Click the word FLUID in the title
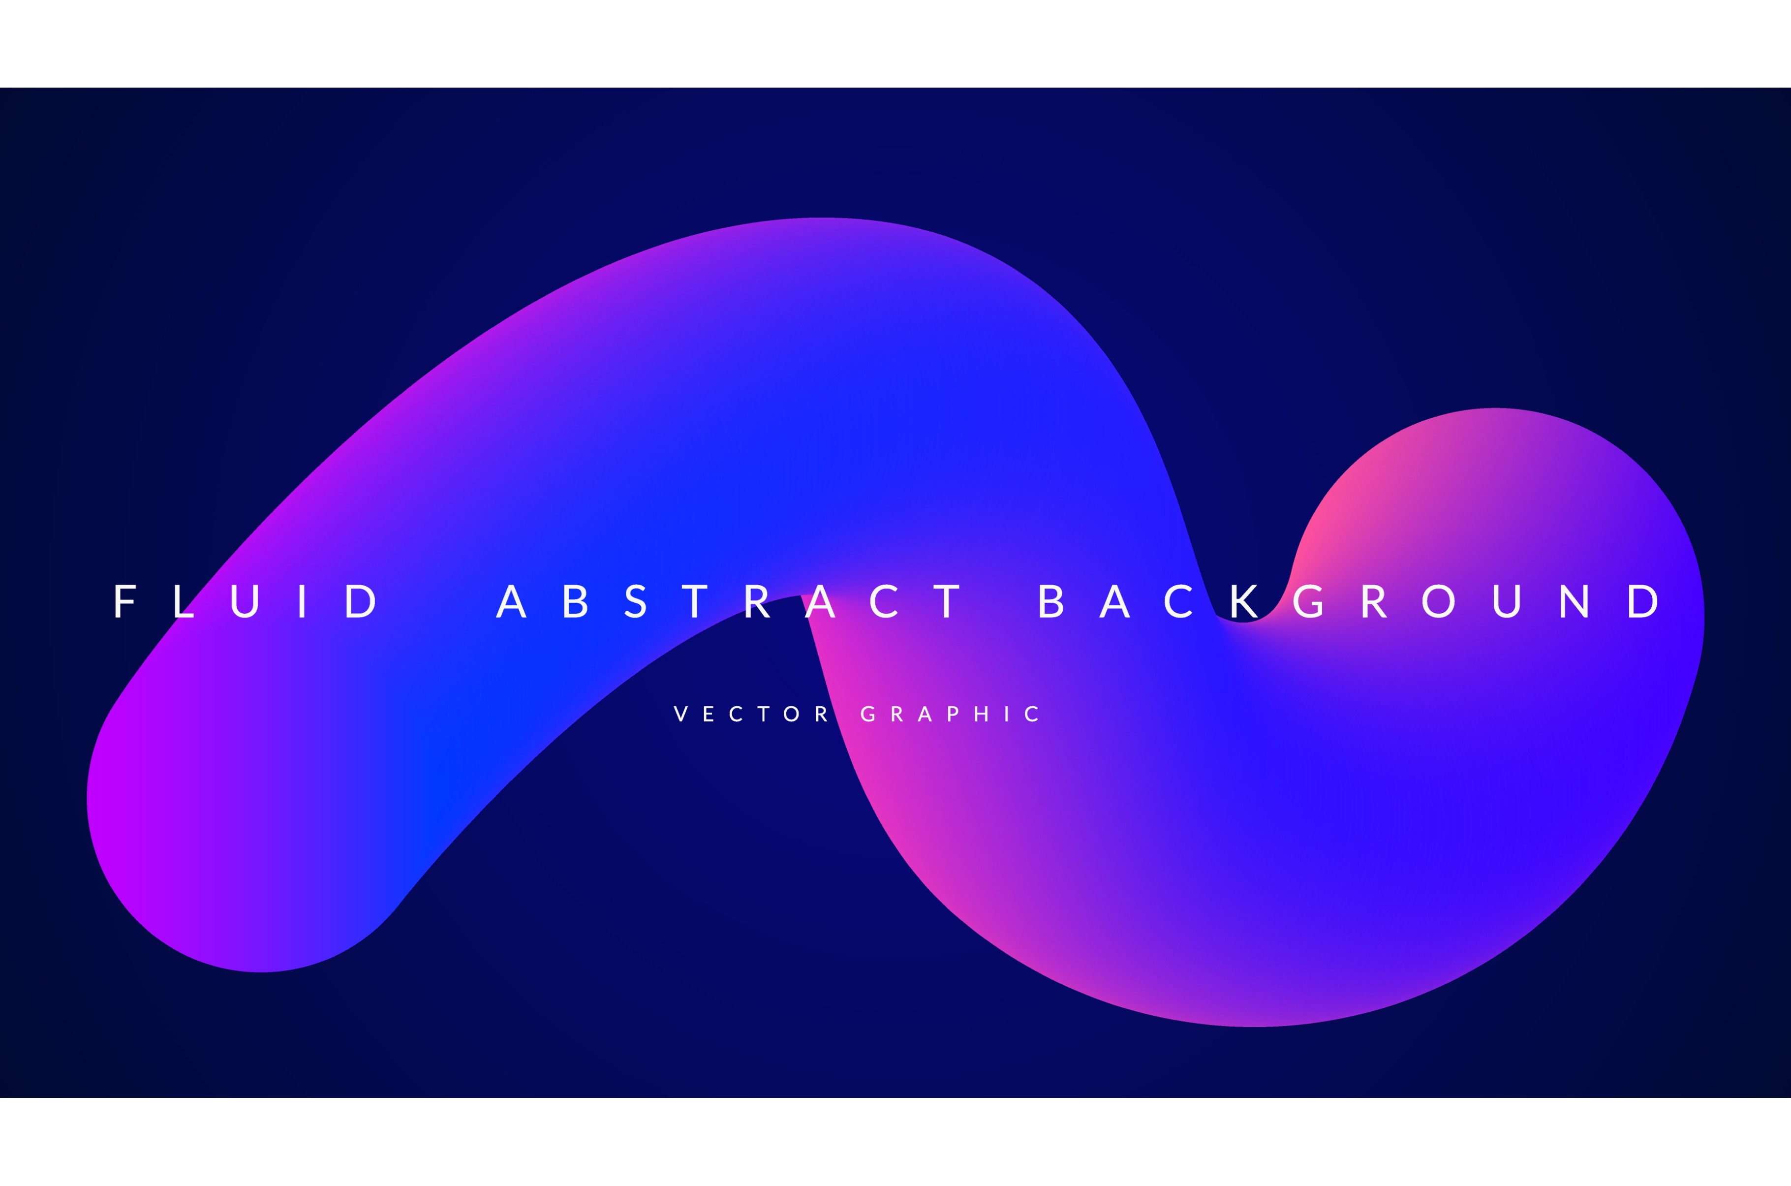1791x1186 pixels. point(245,601)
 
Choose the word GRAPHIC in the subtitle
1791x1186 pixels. point(950,714)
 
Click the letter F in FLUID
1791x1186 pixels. point(124,601)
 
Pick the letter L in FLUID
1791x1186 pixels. point(184,601)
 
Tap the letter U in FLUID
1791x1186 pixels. point(246,602)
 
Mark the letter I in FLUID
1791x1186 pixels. point(303,601)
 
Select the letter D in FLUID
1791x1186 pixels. point(361,601)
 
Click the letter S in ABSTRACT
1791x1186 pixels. point(635,601)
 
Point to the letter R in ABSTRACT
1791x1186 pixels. point(757,601)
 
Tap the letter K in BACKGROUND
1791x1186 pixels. point(1244,601)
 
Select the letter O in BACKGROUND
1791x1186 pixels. point(1439,601)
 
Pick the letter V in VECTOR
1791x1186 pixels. point(680,714)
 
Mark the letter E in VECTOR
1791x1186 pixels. point(709,714)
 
